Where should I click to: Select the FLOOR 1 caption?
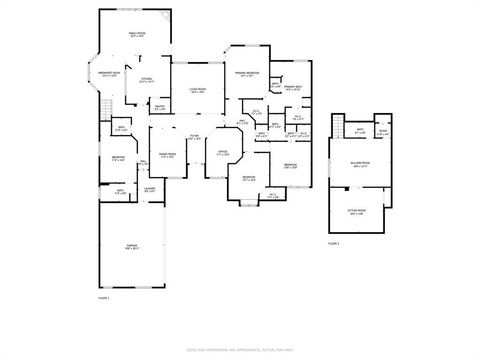pyautogui.click(x=104, y=298)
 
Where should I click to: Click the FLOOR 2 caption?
pyautogui.click(x=333, y=244)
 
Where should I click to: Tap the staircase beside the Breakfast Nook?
pyautogui.click(x=106, y=110)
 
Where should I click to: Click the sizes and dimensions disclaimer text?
pyautogui.click(x=240, y=350)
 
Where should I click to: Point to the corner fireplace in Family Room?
pyautogui.click(x=165, y=15)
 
